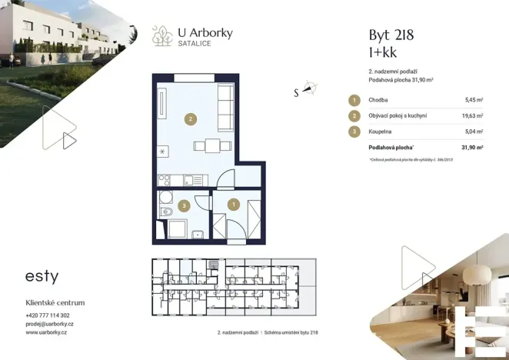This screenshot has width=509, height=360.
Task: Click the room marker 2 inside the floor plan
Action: pyautogui.click(x=191, y=118)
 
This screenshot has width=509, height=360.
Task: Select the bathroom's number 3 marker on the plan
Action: pyautogui.click(x=183, y=205)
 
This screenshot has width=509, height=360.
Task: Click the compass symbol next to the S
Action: pyautogui.click(x=309, y=88)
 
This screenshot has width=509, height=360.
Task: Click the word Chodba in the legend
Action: pyautogui.click(x=378, y=100)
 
